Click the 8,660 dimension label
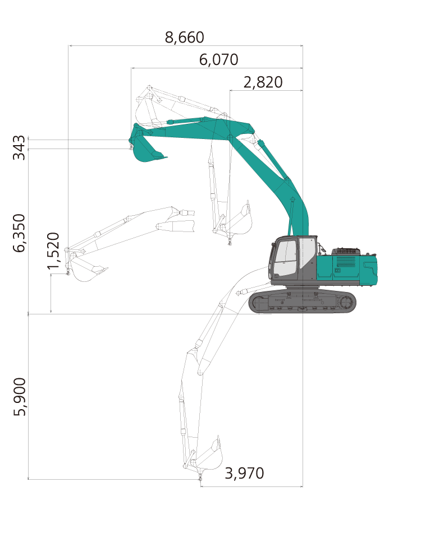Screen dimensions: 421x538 [185, 38]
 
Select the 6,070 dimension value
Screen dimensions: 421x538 [218, 60]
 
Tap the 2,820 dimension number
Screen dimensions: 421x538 [263, 82]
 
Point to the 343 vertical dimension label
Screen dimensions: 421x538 [19, 147]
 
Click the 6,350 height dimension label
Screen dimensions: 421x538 [19, 233]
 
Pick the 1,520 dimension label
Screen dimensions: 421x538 [53, 251]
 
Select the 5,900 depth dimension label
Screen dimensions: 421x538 [19, 397]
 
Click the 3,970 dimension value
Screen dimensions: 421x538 [244, 474]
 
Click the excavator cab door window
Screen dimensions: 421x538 [285, 258]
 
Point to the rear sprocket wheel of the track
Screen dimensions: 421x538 [346, 303]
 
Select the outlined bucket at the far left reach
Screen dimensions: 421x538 [86, 270]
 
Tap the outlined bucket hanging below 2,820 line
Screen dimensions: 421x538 [237, 220]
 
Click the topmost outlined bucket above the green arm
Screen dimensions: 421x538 [147, 110]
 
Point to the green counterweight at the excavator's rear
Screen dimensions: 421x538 [368, 270]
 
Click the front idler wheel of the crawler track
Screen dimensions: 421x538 [258, 303]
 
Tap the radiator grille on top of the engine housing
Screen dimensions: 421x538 [346, 251]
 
